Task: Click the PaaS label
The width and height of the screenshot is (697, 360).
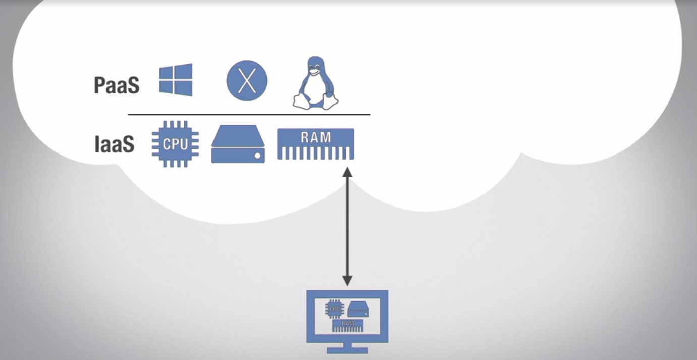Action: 117,85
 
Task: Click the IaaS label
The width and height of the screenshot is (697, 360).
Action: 115,144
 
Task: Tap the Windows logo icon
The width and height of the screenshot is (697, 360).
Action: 176,80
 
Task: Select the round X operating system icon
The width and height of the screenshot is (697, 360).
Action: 247,80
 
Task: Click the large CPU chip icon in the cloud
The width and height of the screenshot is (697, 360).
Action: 175,144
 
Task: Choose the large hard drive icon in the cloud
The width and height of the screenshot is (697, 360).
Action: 238,144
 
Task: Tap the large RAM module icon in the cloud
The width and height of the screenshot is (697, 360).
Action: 315,144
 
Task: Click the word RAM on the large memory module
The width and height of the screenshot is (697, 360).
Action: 315,137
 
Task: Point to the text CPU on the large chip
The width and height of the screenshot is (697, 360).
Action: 175,144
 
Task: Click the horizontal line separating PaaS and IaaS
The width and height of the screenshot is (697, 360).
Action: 249,115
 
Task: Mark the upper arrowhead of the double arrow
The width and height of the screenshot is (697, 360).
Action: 347,172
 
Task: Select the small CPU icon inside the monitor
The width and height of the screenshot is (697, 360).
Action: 335,307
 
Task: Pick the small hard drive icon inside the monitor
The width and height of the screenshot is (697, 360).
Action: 358,309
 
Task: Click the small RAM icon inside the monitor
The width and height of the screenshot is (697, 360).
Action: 348,325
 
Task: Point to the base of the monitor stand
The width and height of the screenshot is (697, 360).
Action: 347,350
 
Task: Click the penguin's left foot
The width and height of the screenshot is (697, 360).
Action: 301,104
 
